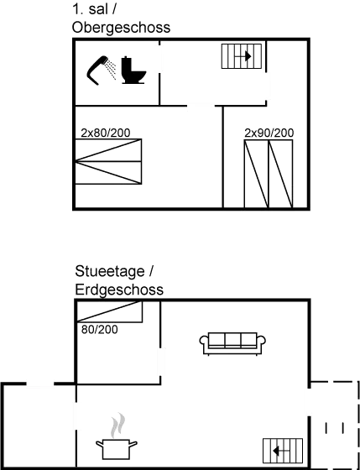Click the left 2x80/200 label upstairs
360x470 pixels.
point(106,133)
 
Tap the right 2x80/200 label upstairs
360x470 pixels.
point(269,133)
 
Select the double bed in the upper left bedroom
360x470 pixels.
point(108,161)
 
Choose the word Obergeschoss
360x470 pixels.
point(121,28)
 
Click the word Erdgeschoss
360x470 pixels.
point(117,290)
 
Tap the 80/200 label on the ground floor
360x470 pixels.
point(99,329)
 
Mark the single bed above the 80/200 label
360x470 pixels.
point(110,312)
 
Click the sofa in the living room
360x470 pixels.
point(232,342)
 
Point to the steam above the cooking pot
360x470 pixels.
point(119,424)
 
